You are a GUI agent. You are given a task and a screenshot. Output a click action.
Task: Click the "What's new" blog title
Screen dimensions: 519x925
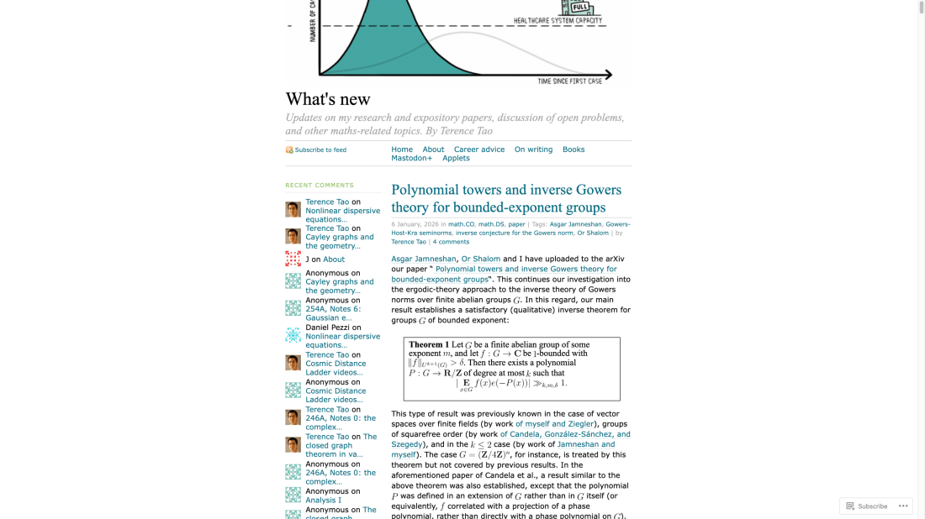pyautogui.click(x=328, y=99)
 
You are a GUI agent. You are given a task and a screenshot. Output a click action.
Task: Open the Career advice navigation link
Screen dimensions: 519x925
pyautogui.click(x=479, y=149)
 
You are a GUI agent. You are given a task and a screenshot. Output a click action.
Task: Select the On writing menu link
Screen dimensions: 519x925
pyautogui.click(x=533, y=149)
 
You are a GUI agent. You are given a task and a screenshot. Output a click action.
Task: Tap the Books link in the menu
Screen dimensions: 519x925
pyautogui.click(x=573, y=149)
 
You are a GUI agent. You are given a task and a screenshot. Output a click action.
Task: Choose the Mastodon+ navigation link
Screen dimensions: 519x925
pyautogui.click(x=411, y=158)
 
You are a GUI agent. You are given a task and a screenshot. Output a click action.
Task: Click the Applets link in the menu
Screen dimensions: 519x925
pyautogui.click(x=456, y=158)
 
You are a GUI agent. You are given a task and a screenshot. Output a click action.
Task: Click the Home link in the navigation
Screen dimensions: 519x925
pyautogui.click(x=402, y=149)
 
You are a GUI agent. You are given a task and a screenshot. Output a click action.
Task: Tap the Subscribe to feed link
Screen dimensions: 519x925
pyautogui.click(x=320, y=150)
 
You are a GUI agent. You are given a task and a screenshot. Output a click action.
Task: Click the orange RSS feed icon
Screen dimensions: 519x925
pyautogui.click(x=289, y=150)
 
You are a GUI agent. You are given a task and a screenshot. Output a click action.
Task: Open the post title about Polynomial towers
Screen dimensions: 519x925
pyautogui.click(x=506, y=198)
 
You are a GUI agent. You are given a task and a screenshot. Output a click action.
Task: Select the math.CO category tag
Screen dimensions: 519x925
pyautogui.click(x=461, y=224)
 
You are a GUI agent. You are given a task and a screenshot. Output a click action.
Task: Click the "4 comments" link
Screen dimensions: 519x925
pyautogui.click(x=451, y=242)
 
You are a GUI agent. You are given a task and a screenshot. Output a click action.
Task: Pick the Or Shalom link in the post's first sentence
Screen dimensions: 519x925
pyautogui.click(x=480, y=259)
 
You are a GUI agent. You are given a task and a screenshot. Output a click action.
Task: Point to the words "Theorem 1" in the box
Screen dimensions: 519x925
pyautogui.click(x=425, y=345)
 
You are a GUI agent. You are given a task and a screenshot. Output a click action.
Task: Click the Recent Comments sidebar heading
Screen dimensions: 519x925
pyautogui.click(x=320, y=185)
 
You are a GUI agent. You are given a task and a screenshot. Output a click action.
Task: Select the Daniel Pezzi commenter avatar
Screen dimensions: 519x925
pyautogui.click(x=293, y=336)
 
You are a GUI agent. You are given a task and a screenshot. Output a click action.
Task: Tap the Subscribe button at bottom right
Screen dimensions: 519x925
pyautogui.click(x=867, y=506)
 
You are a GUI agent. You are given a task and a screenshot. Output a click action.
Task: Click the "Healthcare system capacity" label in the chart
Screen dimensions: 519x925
pyautogui.click(x=558, y=20)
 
